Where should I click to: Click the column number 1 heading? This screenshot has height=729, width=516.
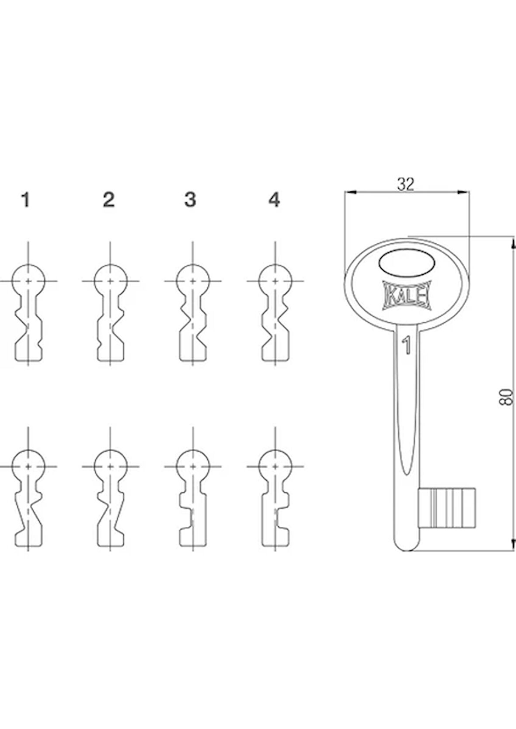pyautogui.click(x=26, y=200)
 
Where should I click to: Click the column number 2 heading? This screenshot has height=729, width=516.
pyautogui.click(x=108, y=200)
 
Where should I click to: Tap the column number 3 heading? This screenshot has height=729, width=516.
pyautogui.click(x=190, y=200)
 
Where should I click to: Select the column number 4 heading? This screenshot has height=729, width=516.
pyautogui.click(x=274, y=200)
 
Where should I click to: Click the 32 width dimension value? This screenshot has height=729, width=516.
pyautogui.click(x=405, y=185)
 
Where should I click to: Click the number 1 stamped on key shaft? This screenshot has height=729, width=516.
pyautogui.click(x=407, y=345)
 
